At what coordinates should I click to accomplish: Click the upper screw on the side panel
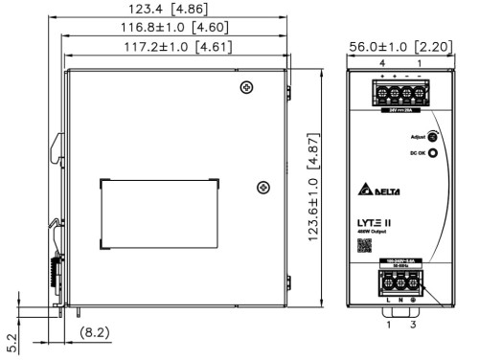click(248, 88)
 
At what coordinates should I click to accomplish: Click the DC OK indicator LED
click(432, 153)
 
